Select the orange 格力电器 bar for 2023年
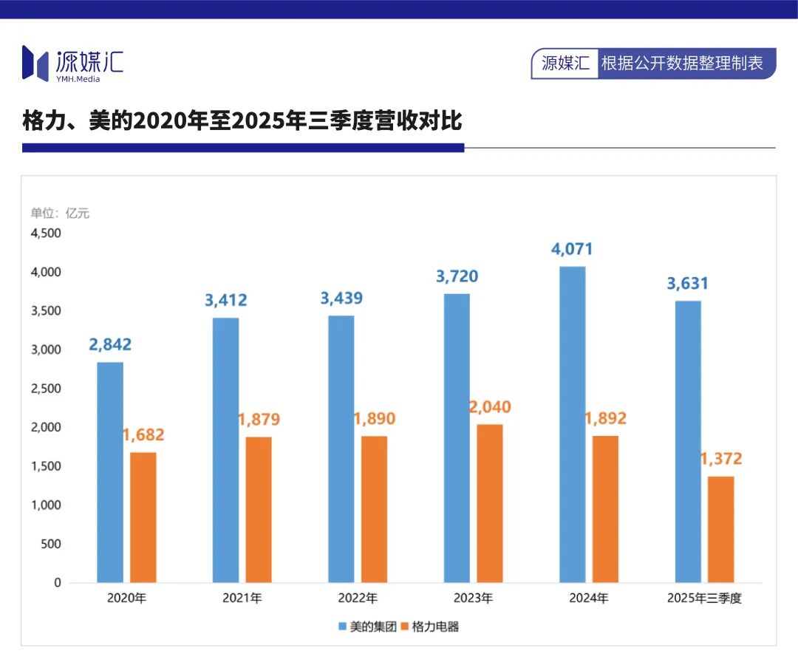pos(489,502)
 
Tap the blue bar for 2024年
pos(572,424)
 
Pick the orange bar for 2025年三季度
pos(720,529)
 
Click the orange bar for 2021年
pos(259,509)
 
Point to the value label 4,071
pos(572,249)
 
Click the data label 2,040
pos(489,407)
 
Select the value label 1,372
pos(720,459)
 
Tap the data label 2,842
pos(111,344)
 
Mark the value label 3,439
pos(341,299)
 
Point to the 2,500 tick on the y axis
pos(46,389)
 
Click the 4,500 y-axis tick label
pos(46,233)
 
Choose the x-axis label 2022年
pos(358,598)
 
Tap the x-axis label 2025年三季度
pos(703,598)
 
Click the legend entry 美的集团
pos(367,627)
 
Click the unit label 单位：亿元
pos(60,214)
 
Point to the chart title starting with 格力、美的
pos(242,120)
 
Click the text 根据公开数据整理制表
pos(681,64)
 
